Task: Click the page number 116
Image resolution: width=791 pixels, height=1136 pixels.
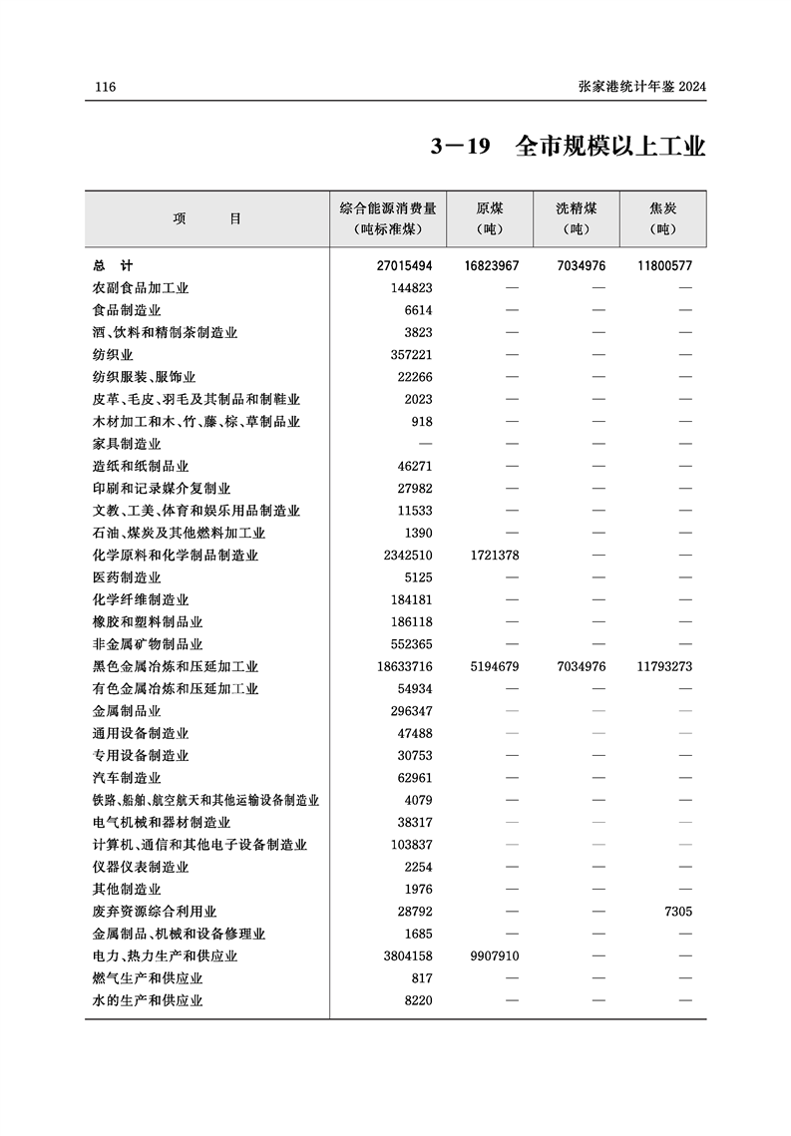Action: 105,88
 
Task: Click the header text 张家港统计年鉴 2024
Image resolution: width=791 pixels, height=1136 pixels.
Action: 641,88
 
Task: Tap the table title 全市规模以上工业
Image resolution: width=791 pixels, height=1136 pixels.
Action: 610,148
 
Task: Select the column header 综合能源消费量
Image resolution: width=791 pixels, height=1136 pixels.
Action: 388,209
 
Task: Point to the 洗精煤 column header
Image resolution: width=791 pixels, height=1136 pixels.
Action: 577,209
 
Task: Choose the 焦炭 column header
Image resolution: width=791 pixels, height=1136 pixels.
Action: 662,209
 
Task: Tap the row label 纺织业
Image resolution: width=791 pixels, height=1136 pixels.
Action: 113,355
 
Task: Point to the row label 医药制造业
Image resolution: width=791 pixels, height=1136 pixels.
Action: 127,577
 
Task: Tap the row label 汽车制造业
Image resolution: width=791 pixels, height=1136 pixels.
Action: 127,778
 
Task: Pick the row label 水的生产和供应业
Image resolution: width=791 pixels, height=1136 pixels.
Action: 148,1000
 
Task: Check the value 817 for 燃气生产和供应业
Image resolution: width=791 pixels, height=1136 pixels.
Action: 422,978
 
